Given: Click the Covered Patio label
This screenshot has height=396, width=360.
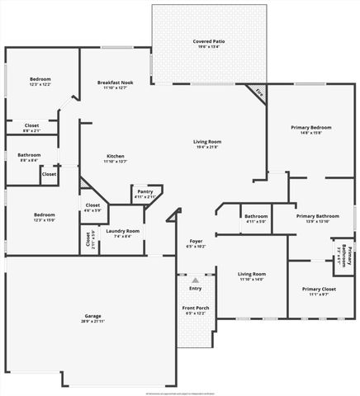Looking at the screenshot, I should point(208,43).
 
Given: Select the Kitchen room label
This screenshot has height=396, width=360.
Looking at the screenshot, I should point(115,158).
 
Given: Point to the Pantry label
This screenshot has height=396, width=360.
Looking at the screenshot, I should point(145,194).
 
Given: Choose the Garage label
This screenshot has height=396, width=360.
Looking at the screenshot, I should point(92,318).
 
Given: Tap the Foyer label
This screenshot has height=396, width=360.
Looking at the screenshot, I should point(196,243).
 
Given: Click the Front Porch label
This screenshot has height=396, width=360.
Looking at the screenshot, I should point(196,310).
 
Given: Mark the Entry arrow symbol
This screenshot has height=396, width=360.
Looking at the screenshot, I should point(196,281).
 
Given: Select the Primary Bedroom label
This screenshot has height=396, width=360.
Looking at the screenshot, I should point(310,130).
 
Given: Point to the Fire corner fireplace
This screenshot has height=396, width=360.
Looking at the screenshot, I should point(258,93).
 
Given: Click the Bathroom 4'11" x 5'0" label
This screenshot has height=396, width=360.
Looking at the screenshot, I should point(254,219).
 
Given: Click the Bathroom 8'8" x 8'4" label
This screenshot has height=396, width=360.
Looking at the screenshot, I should point(30,157).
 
